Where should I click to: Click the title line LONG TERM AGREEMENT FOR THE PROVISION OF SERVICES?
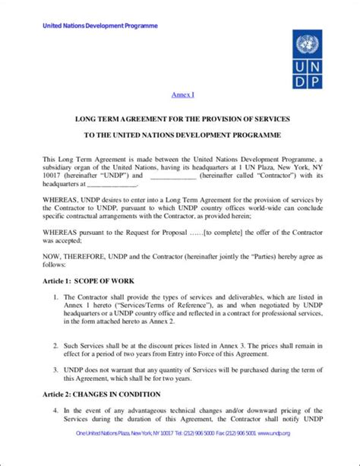[180, 120]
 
